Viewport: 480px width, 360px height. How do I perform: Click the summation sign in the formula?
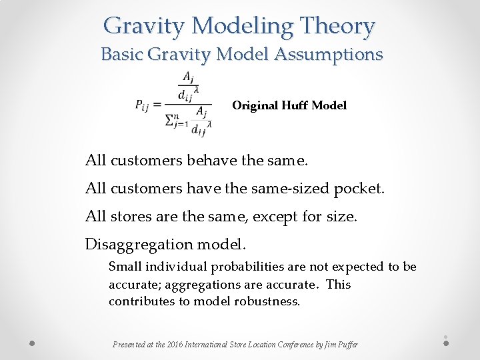coord(172,121)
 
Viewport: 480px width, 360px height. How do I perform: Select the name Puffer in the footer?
coord(347,345)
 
